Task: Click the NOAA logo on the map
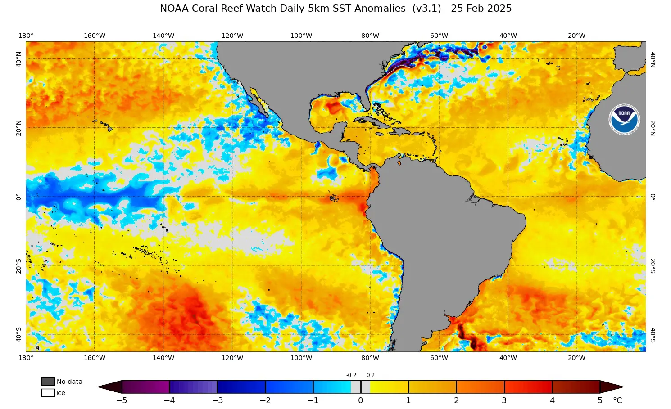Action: (624, 120)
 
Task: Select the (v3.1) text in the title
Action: (426, 9)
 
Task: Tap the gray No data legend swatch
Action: (48, 382)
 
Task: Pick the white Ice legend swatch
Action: (48, 393)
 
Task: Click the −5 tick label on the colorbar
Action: (122, 400)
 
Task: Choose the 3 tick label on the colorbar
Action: (504, 400)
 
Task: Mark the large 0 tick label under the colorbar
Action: (360, 400)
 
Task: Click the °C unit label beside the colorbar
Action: (617, 400)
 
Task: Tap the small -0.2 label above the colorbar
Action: (351, 375)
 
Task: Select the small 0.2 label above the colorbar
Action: (371, 375)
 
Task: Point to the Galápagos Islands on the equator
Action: (334, 198)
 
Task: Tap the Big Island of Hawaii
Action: (109, 129)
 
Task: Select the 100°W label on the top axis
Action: (301, 36)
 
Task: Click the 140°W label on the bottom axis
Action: (163, 358)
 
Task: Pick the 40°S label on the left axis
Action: (18, 334)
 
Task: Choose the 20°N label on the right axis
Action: (653, 128)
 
